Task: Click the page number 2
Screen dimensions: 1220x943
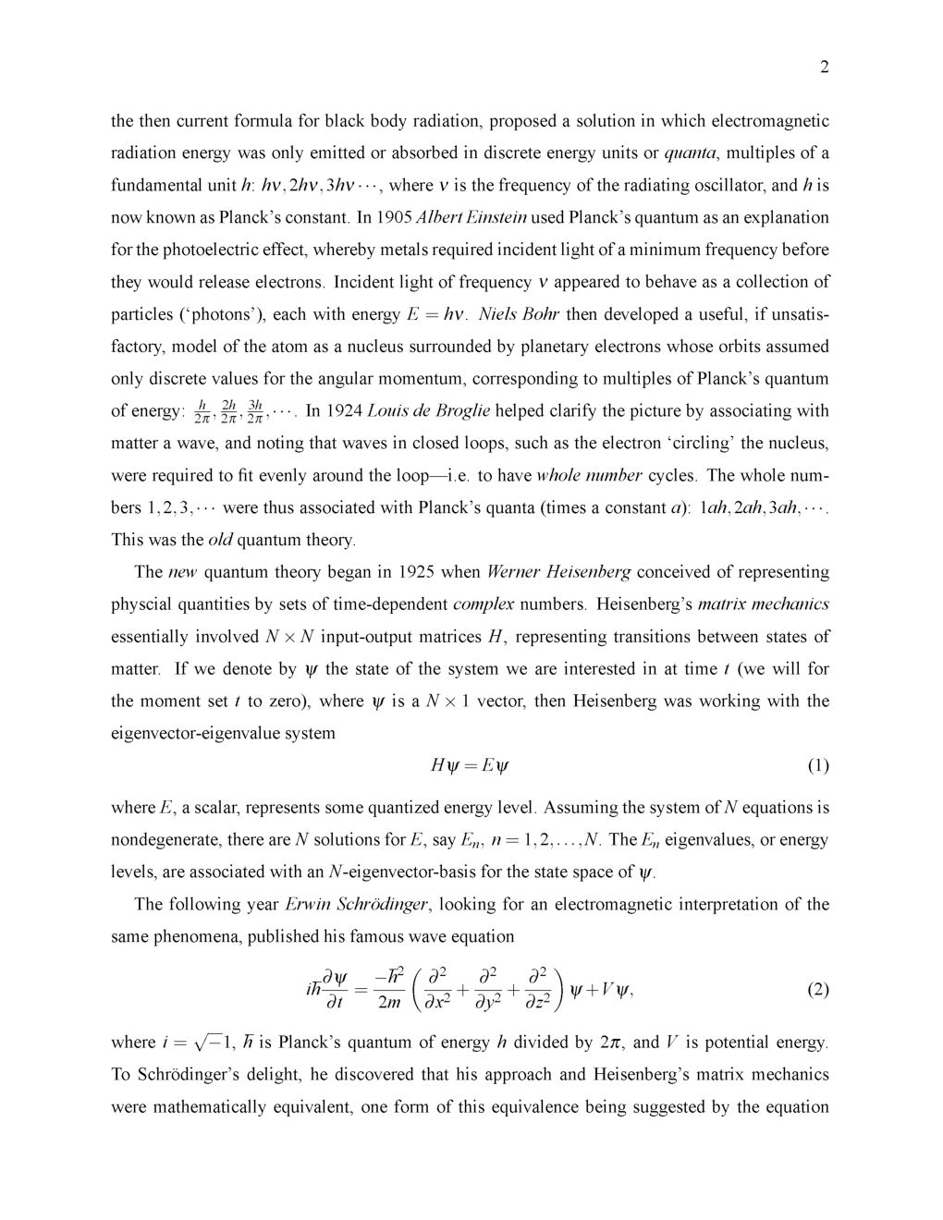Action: pyautogui.click(x=824, y=67)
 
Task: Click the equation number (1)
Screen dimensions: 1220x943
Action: pyautogui.click(x=818, y=765)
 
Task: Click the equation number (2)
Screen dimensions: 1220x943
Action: pyautogui.click(x=818, y=990)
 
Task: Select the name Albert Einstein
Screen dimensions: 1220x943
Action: pyautogui.click(x=471, y=218)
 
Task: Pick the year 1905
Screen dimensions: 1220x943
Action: pyautogui.click(x=394, y=218)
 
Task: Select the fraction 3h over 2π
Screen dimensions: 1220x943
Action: pyautogui.click(x=256, y=411)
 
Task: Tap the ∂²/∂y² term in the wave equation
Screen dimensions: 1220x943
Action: pyautogui.click(x=482, y=990)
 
